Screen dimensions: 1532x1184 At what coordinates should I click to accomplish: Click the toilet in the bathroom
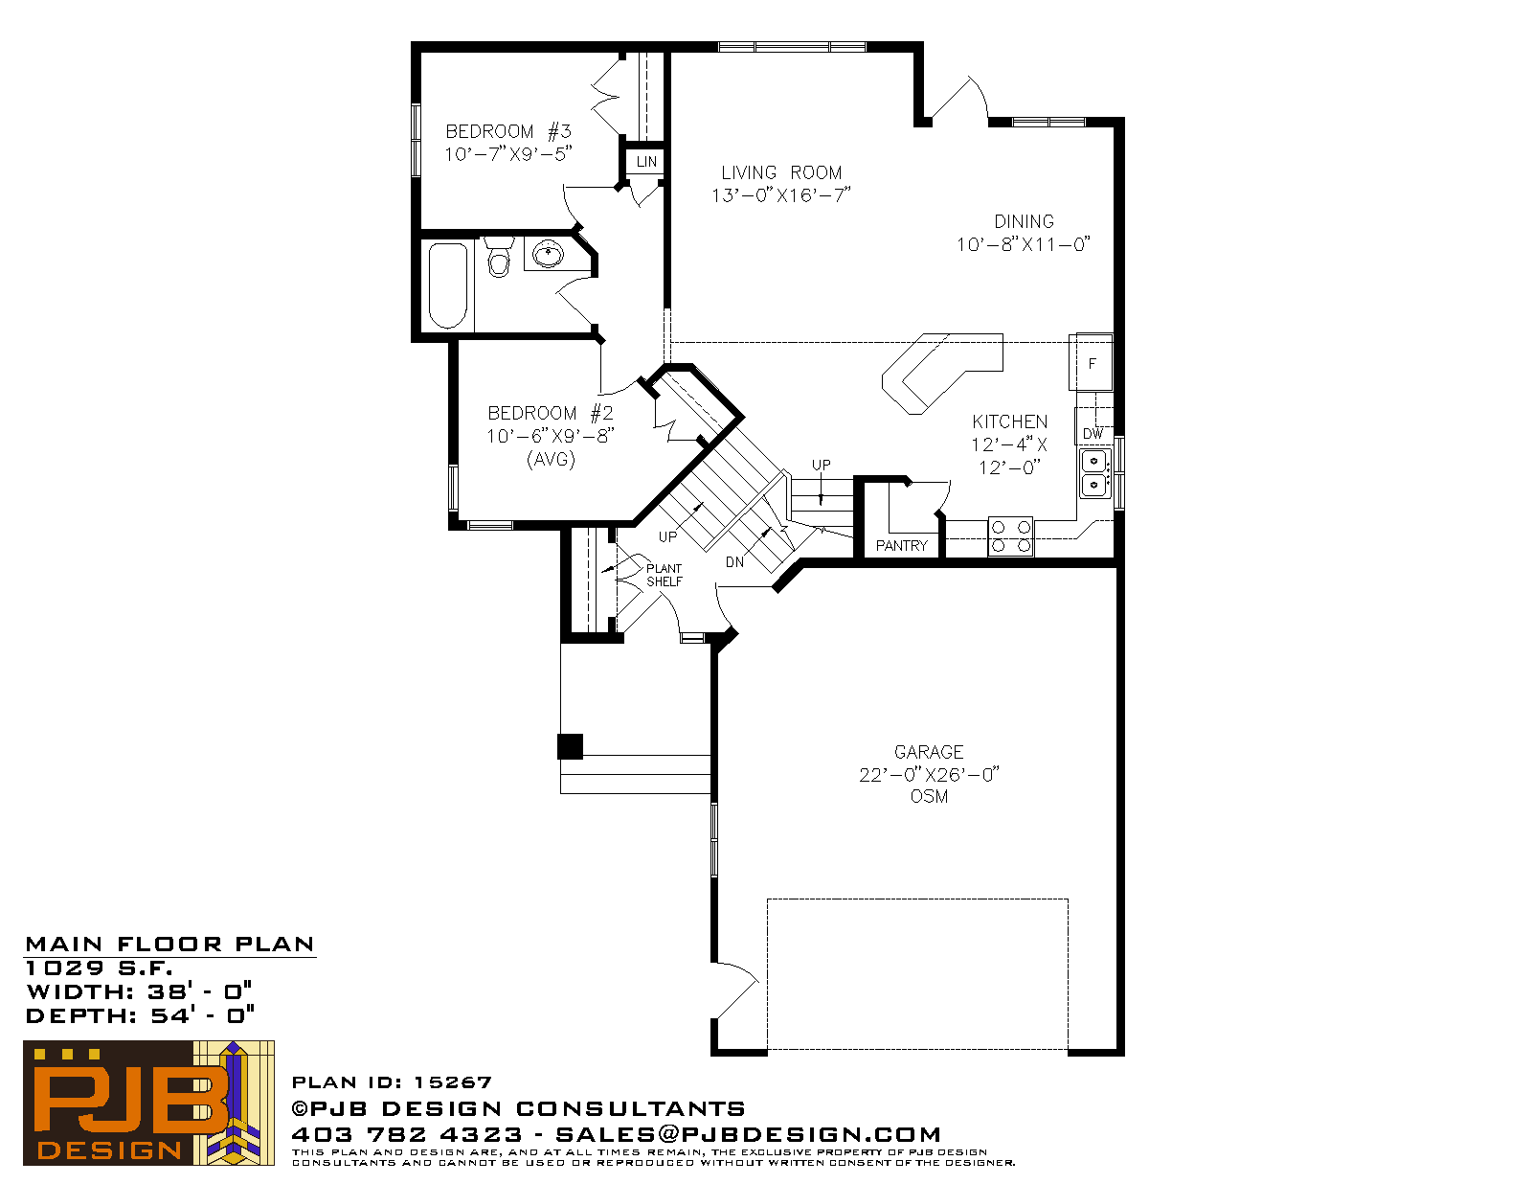(x=499, y=257)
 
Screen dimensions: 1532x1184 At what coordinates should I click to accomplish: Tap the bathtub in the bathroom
(x=448, y=285)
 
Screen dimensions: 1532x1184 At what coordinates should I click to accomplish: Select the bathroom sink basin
(x=548, y=253)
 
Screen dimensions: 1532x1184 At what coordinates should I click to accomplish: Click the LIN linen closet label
(x=646, y=162)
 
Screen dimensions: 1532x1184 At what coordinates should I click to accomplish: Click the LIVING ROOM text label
(x=781, y=172)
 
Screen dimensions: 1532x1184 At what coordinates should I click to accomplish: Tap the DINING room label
(x=1024, y=221)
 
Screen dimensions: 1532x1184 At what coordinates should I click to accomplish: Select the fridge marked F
(x=1092, y=362)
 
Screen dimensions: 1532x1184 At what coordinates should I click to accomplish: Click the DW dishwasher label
(x=1093, y=434)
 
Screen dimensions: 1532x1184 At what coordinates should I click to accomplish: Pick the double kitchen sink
(x=1094, y=473)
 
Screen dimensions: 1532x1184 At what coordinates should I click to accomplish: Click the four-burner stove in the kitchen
(x=1010, y=536)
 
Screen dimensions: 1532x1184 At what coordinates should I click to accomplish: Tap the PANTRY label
(x=902, y=545)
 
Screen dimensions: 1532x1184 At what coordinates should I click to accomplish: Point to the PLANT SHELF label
(x=665, y=575)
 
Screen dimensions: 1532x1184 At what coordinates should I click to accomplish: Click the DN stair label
(x=734, y=562)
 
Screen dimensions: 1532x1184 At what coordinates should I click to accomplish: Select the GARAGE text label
(x=929, y=752)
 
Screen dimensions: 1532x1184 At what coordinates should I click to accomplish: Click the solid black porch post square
(x=571, y=746)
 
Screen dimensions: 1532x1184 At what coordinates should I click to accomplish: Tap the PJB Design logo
(x=148, y=1103)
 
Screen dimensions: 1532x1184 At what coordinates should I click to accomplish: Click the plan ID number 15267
(x=452, y=1082)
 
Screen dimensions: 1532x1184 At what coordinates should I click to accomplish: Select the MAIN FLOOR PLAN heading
(x=169, y=945)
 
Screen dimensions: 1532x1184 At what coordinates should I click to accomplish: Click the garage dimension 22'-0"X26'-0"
(x=929, y=774)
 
